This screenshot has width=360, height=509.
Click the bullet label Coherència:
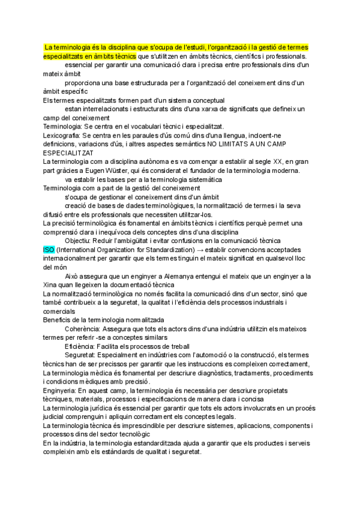click(83, 329)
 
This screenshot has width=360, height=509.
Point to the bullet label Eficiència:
click(82, 346)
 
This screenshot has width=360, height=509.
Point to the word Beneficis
click(58, 320)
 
